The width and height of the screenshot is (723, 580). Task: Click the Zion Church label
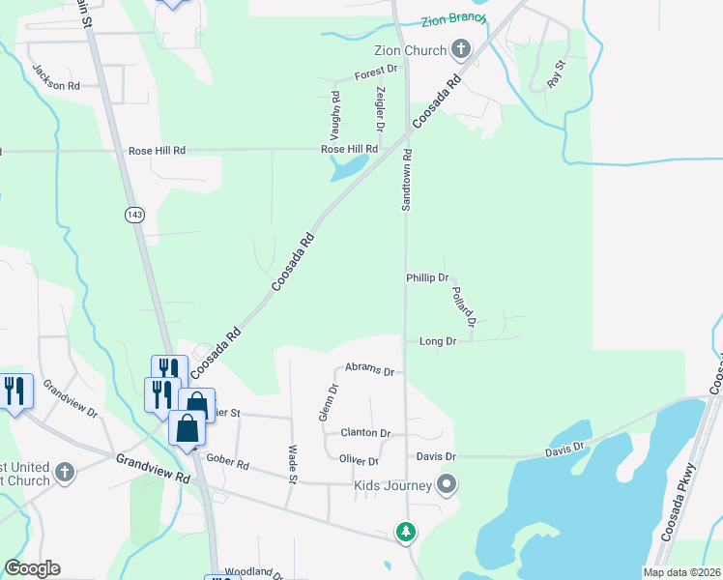tap(410, 50)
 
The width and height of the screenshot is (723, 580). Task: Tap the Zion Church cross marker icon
tap(460, 48)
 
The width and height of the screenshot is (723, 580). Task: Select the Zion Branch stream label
tap(453, 20)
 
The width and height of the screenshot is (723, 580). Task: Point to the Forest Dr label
tap(376, 71)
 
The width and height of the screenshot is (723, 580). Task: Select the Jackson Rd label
tap(55, 78)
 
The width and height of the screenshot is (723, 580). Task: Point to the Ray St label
tap(555, 73)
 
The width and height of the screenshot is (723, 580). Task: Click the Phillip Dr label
tap(427, 277)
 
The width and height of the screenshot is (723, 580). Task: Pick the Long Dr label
tap(438, 341)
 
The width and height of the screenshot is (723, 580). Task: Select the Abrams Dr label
tap(370, 370)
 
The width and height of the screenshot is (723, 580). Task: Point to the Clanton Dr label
tap(366, 434)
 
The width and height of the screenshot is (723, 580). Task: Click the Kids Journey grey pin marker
tap(447, 483)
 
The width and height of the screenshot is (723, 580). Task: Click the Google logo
tap(32, 568)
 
